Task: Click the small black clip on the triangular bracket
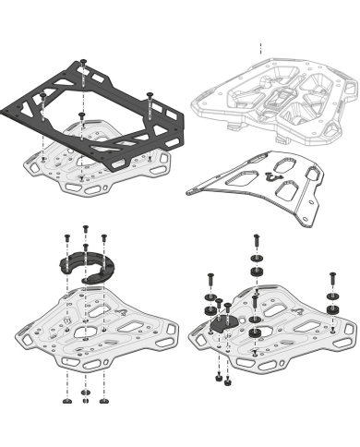pyautogui.click(x=270, y=174)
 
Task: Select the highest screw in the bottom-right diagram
pyautogui.click(x=256, y=242)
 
